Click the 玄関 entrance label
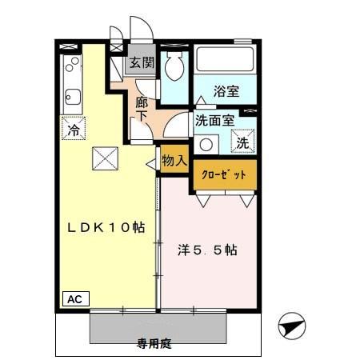pos(142,62)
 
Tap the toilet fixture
pos(172,70)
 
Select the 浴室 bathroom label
pos(226,90)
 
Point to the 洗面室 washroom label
pos(214,121)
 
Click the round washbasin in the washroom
pos(206,145)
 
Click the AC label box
pos(74,298)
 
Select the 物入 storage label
pos(174,159)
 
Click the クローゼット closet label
pos(225,174)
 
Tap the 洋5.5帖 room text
pos(207,249)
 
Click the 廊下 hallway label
pos(142,109)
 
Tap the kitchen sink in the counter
pos(69,91)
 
